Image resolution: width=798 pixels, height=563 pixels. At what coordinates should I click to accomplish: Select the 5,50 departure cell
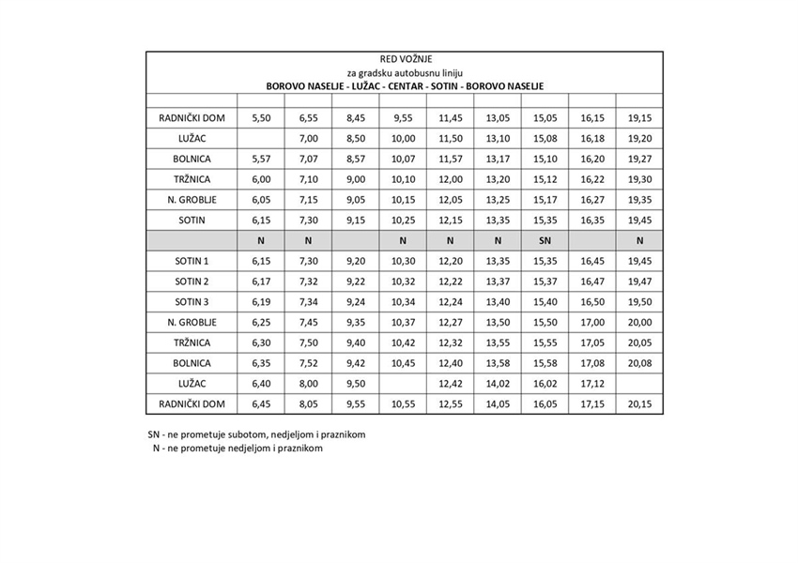click(262, 118)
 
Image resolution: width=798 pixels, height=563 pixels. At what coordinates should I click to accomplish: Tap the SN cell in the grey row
click(545, 240)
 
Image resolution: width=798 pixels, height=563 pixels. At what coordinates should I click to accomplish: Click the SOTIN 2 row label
click(192, 281)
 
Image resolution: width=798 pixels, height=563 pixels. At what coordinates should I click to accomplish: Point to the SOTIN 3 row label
click(192, 301)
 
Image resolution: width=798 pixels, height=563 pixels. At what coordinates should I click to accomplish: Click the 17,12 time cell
click(592, 383)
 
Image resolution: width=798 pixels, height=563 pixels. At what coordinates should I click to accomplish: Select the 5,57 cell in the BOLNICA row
click(262, 159)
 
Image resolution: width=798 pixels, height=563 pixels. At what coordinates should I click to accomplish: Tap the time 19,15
click(639, 118)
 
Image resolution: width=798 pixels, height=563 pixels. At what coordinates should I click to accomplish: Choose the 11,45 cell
click(451, 118)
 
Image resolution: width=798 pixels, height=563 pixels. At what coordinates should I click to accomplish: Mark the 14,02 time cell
click(498, 383)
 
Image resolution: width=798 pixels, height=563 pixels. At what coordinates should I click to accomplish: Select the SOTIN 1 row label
click(192, 261)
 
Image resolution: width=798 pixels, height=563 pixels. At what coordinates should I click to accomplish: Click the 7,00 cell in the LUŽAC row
click(309, 138)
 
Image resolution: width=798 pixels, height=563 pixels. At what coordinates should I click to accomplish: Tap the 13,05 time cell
click(498, 118)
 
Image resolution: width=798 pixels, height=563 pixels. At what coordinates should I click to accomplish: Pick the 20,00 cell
click(639, 322)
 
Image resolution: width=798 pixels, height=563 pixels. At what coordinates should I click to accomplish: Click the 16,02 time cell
click(545, 383)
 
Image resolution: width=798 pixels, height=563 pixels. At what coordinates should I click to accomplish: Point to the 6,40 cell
click(262, 383)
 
